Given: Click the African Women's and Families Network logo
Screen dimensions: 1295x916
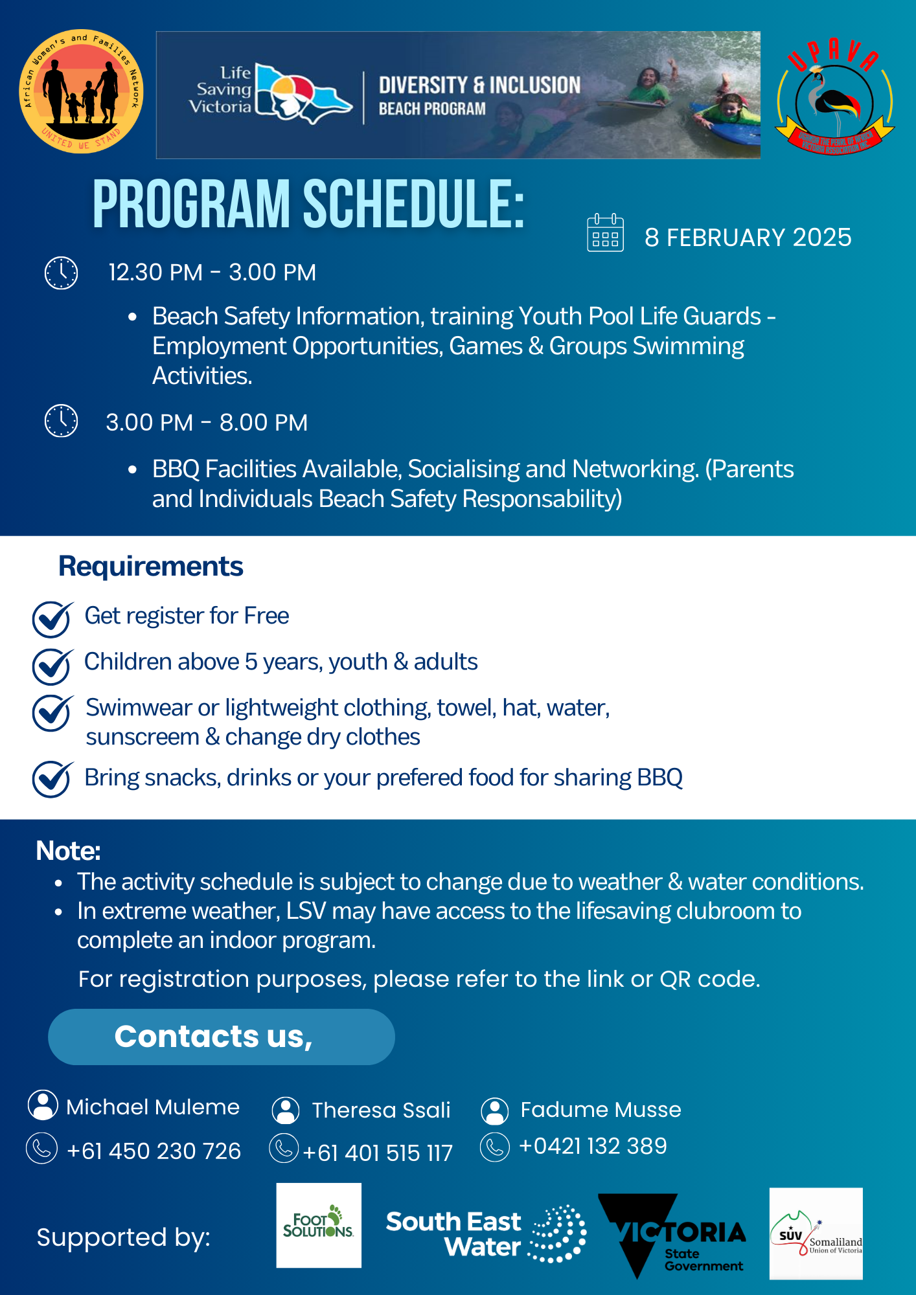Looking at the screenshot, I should click(x=81, y=91).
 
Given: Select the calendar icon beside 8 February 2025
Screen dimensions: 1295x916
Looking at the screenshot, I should click(x=605, y=232).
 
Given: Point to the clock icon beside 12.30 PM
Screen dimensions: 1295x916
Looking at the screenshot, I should click(x=61, y=273).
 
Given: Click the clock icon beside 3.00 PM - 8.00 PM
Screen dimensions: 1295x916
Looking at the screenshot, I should click(x=61, y=421).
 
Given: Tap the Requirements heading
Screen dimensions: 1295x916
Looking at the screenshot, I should click(x=150, y=567).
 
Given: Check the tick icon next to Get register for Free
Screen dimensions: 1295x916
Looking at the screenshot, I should click(x=52, y=618).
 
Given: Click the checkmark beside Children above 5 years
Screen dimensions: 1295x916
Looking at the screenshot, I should click(x=52, y=666).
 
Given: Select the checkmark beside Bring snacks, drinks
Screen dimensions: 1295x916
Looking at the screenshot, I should click(x=52, y=778).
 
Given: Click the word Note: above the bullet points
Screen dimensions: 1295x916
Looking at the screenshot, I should click(x=68, y=851).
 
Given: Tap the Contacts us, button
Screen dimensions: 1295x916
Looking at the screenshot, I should click(x=221, y=1037).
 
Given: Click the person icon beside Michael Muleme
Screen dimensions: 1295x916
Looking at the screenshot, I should click(x=43, y=1105).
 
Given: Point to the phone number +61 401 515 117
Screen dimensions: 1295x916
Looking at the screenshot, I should click(x=378, y=1153).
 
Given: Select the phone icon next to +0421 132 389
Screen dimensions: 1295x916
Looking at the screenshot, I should click(x=495, y=1147).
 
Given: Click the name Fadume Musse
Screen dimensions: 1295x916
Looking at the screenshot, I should click(x=601, y=1110).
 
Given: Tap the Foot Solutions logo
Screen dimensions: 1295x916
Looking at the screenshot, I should click(x=319, y=1225).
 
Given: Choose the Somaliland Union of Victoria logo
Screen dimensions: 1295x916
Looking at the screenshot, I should click(x=816, y=1233).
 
